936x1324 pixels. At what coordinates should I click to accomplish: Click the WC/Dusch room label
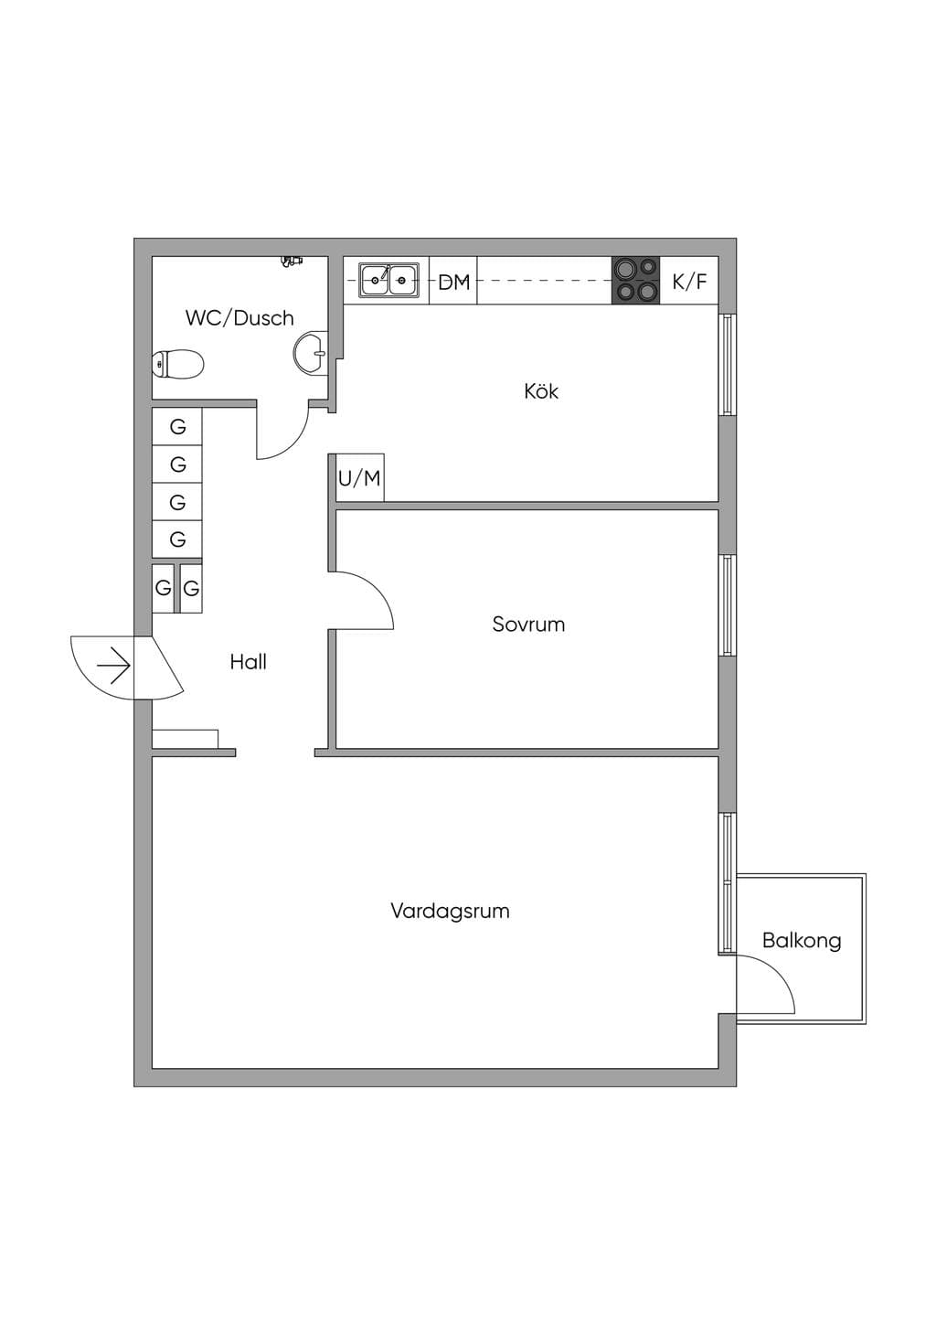click(239, 318)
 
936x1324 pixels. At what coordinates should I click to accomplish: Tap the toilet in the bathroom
click(178, 364)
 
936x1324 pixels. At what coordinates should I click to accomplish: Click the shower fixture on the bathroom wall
click(292, 261)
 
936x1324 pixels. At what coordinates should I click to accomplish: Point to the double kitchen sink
click(388, 280)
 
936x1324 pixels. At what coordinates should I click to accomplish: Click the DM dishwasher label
click(453, 283)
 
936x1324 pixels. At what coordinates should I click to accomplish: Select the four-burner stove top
click(636, 280)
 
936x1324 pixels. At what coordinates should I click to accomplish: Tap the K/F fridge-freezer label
click(689, 282)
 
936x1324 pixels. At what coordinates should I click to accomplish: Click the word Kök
click(541, 391)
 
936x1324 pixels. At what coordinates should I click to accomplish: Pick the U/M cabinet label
click(359, 478)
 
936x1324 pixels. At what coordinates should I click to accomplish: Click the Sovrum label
click(528, 625)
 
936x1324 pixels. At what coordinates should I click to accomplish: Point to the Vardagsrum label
click(450, 911)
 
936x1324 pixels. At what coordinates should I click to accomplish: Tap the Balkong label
click(802, 940)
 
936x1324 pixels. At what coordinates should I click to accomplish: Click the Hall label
click(249, 662)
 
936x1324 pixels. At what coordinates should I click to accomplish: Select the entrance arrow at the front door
click(113, 667)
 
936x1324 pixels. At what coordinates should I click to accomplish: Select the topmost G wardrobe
click(177, 427)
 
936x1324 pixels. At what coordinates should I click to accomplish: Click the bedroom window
click(728, 605)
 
